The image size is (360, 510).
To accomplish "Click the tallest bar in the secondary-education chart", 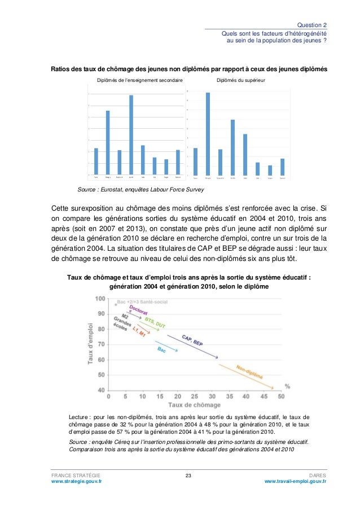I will click(131, 134).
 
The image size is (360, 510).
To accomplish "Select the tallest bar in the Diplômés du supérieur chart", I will click(208, 133).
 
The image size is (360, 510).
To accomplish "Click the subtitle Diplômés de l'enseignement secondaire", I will click(140, 81).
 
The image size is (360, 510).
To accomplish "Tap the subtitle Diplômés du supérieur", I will click(244, 81).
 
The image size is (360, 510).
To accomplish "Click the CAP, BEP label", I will click(192, 339).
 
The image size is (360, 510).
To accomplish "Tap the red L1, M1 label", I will click(139, 334).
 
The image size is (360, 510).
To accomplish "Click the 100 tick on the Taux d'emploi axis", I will click(100, 298).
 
